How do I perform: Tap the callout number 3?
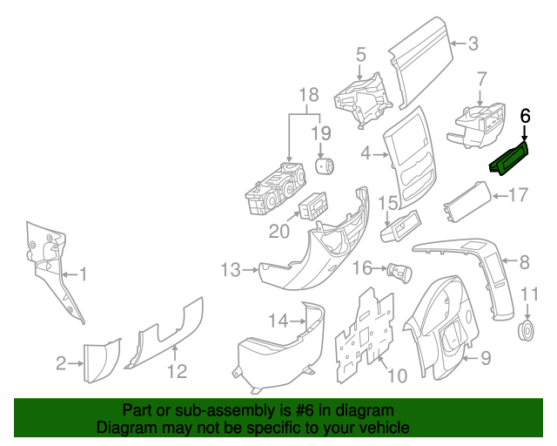point(473,44)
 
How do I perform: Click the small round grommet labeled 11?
point(525,330)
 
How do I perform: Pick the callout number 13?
point(230,271)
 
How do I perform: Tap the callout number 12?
point(177,372)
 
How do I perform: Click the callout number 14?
point(277,321)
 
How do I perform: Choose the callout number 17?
point(518,194)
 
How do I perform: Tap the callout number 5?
point(359,56)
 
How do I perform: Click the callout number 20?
point(278,231)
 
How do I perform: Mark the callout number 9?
point(486,357)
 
